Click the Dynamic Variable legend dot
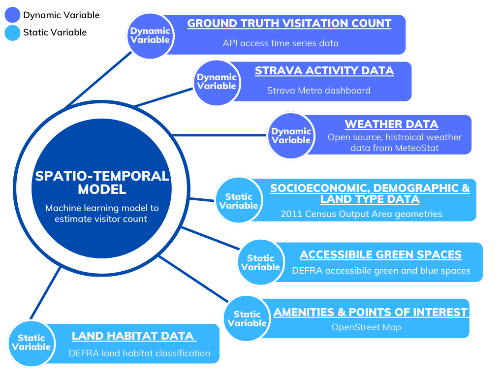[x=12, y=15]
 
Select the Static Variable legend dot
[x=12, y=33]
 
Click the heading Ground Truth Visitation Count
[x=289, y=23]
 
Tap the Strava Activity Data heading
[x=324, y=70]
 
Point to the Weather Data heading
[x=391, y=124]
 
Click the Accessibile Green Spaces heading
[x=380, y=254]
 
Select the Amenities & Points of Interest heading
[x=371, y=312]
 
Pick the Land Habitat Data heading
[x=132, y=336]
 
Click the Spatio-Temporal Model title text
[x=102, y=183]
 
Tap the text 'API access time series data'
[x=281, y=43]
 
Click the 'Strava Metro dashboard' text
[x=318, y=91]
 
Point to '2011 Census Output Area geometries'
[x=361, y=214]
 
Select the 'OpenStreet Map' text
[x=366, y=327]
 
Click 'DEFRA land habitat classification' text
[x=139, y=353]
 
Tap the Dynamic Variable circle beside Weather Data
[x=291, y=135]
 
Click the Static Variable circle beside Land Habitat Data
[x=31, y=344]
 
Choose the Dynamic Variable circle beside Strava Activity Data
[x=217, y=82]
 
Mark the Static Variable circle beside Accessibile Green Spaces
[x=261, y=262]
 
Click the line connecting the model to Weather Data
[x=220, y=135]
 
